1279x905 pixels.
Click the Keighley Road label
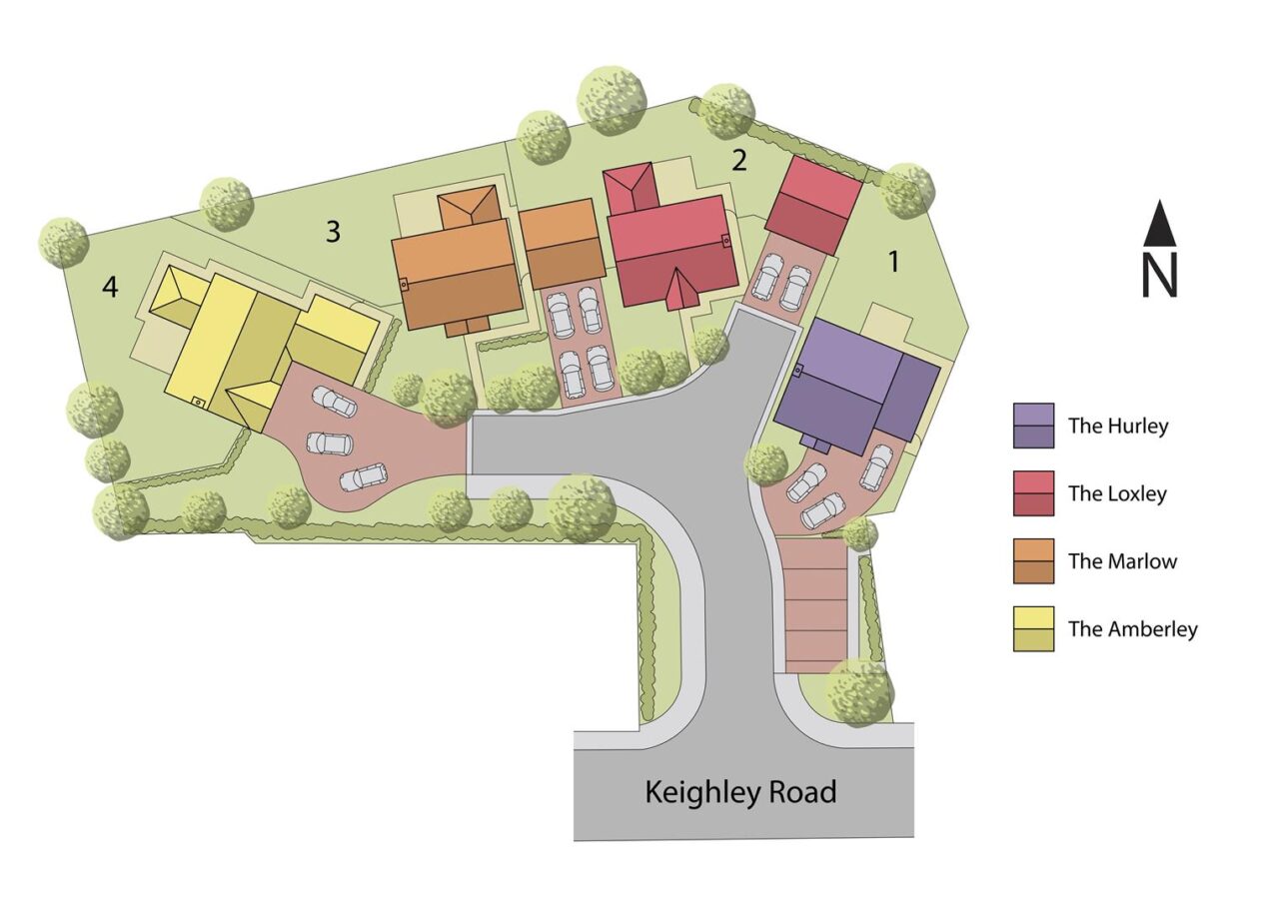tap(740, 792)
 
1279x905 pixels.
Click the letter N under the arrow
tap(1159, 276)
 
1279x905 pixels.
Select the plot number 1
tap(893, 262)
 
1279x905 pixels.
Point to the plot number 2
tap(739, 160)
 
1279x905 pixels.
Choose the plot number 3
tap(333, 232)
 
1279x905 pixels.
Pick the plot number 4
tap(110, 288)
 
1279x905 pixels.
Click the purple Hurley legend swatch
tap(1033, 426)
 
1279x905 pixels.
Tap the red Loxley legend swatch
tap(1033, 493)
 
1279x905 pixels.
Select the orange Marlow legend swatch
tap(1033, 561)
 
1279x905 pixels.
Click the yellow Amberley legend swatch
tap(1033, 629)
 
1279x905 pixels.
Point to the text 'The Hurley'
tap(1118, 426)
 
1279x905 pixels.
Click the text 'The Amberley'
tap(1132, 629)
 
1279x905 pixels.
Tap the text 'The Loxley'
tap(1117, 493)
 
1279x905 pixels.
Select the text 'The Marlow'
tap(1122, 561)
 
